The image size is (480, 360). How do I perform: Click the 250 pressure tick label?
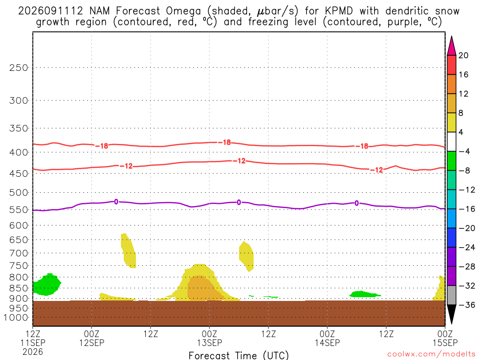click(x=19, y=67)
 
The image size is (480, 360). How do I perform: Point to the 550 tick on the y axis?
click(x=19, y=210)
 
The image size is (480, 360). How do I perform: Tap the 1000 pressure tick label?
click(x=16, y=318)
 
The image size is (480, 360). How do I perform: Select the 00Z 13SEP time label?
click(x=210, y=338)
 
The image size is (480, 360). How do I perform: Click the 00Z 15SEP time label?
click(x=445, y=338)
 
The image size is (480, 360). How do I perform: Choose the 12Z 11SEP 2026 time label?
click(x=33, y=343)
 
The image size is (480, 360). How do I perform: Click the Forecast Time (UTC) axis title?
click(x=239, y=355)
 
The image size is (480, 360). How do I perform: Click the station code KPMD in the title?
click(x=338, y=11)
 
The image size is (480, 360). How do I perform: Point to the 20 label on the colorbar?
click(x=464, y=55)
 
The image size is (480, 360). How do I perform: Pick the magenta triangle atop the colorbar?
click(x=451, y=46)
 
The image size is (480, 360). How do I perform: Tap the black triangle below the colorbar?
click(x=451, y=314)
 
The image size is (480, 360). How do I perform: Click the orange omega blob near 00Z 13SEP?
click(x=203, y=289)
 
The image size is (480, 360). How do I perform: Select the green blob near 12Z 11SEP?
click(x=46, y=285)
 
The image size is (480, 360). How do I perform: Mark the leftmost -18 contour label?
click(x=102, y=146)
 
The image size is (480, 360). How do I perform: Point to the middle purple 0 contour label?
click(x=239, y=202)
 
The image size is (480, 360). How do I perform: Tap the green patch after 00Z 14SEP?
click(x=364, y=294)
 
